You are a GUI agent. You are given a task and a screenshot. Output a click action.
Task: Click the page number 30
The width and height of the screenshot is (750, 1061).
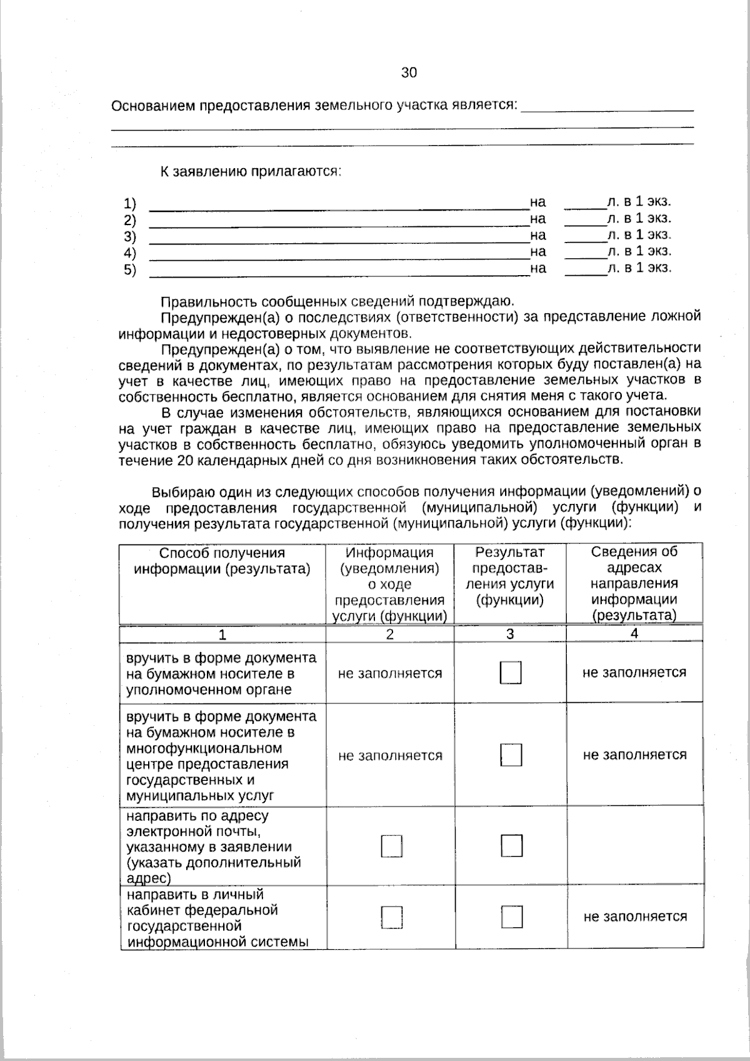409,73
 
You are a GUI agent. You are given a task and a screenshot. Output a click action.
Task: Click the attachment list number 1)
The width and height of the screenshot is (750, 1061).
129,203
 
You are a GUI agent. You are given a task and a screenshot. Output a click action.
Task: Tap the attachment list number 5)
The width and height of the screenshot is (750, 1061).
129,269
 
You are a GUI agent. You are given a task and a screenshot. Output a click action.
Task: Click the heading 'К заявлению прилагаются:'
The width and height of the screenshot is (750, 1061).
251,171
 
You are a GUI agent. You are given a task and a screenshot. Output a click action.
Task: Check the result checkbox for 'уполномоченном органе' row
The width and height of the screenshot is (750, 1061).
511,673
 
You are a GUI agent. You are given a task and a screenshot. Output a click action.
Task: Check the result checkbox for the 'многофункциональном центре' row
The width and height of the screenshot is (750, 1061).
511,755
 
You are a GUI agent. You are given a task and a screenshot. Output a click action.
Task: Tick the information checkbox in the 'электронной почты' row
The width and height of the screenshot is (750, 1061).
391,847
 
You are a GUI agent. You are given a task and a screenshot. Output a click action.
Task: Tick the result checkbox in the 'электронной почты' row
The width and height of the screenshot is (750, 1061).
511,846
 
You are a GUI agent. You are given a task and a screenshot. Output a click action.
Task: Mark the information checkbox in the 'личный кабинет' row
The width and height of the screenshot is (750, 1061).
391,918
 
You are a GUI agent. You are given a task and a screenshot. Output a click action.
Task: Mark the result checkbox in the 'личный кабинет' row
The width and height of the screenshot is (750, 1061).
511,917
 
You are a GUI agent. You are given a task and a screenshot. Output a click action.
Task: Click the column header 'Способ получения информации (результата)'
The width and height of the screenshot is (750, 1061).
222,561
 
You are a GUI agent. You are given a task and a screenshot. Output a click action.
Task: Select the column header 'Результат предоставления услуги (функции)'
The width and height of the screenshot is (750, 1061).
509,576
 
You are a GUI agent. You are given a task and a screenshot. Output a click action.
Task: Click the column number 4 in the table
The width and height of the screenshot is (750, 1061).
634,633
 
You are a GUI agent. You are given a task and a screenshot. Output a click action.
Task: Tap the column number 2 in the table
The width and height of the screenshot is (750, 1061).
389,634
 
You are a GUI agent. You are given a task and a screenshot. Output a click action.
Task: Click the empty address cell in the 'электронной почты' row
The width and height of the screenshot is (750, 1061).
634,846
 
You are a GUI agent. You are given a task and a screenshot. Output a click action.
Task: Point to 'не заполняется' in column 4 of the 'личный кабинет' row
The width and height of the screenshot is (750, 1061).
635,917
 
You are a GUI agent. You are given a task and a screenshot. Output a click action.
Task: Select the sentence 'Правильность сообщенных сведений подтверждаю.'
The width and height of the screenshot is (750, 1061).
337,301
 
